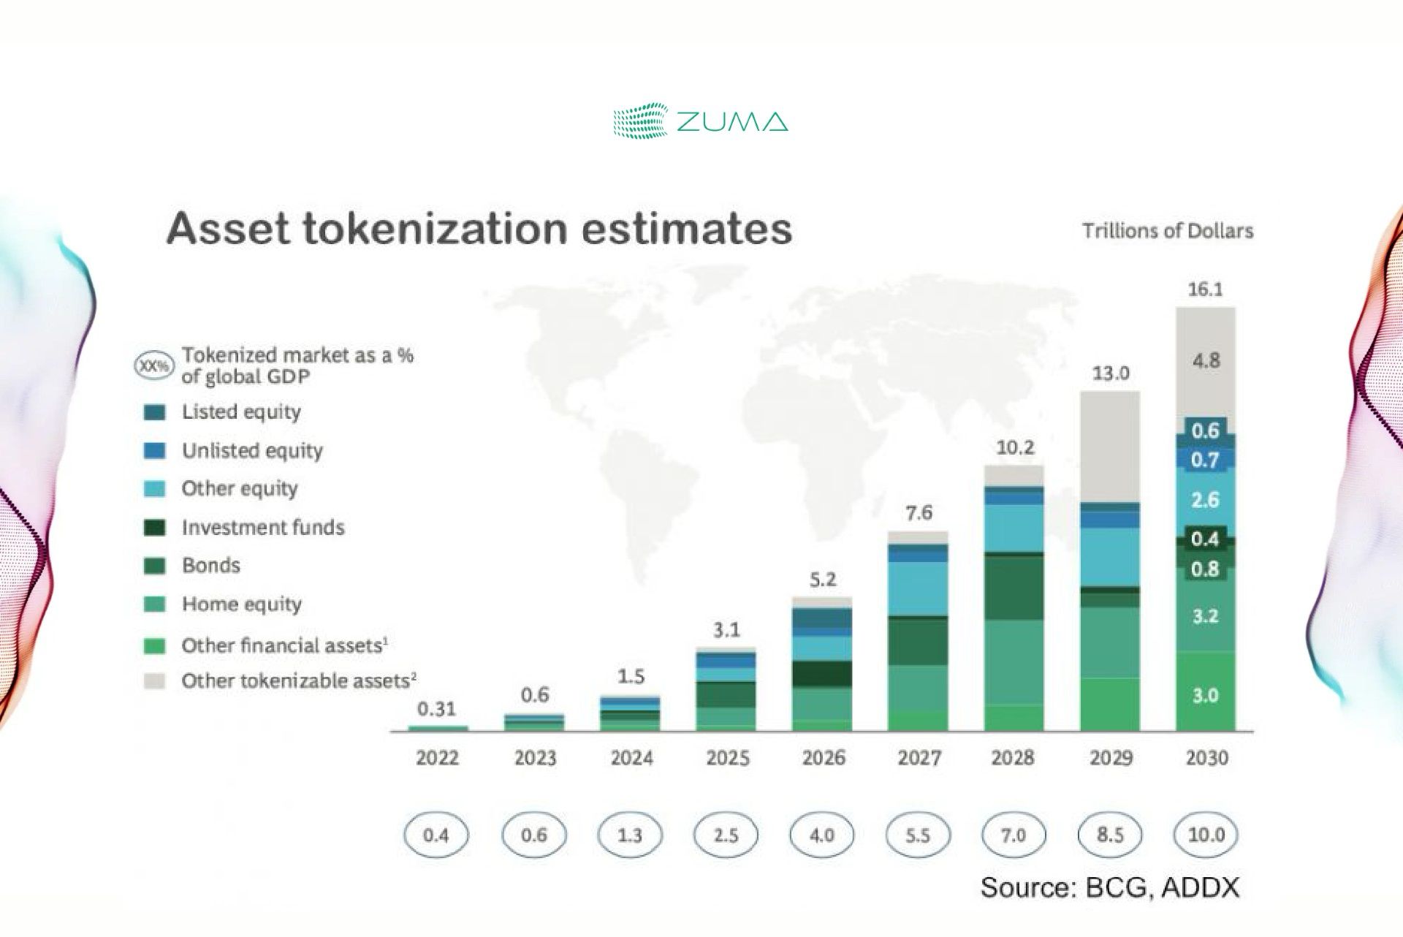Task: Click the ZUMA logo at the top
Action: tap(700, 121)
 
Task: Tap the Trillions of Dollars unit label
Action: tap(1167, 231)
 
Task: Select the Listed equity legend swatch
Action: tap(154, 412)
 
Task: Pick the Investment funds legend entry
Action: tap(262, 527)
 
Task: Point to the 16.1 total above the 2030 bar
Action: tap(1205, 289)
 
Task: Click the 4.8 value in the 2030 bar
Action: tap(1206, 360)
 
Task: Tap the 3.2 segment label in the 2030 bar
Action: tap(1206, 616)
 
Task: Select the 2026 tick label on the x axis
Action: tap(824, 758)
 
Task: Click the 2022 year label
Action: tap(437, 758)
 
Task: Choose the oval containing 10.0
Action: tap(1206, 835)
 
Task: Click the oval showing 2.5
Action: tap(726, 835)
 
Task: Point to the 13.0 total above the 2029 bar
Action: tap(1110, 373)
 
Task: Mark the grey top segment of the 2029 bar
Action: tap(1110, 446)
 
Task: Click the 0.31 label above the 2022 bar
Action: tap(436, 709)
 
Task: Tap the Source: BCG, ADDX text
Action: tap(1109, 887)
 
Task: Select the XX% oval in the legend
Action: tap(154, 366)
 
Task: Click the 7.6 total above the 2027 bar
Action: tap(919, 513)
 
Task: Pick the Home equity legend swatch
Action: tap(154, 604)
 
